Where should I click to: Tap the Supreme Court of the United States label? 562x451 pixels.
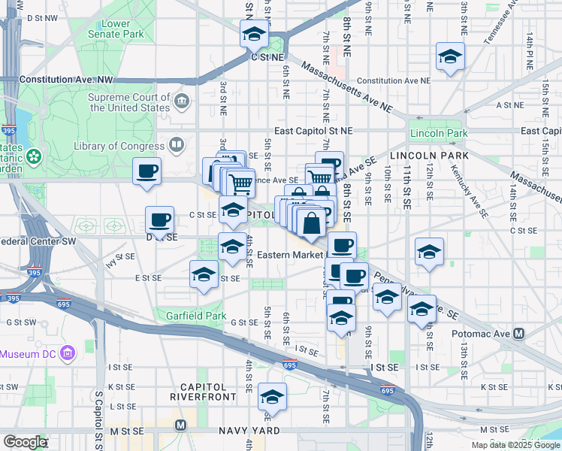pos(128,102)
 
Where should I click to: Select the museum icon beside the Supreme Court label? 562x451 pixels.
pos(182,101)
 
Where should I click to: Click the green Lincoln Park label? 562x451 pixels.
pos(438,133)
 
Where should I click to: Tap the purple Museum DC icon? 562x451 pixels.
pos(68,353)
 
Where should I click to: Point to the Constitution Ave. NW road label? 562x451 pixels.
pos(66,79)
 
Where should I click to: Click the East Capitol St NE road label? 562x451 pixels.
pos(313,130)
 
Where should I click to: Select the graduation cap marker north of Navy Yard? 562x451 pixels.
pos(271,396)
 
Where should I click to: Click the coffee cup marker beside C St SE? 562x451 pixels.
pos(159,219)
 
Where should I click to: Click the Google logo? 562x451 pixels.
pos(25,442)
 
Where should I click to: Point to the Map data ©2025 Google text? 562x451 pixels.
pos(515,445)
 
